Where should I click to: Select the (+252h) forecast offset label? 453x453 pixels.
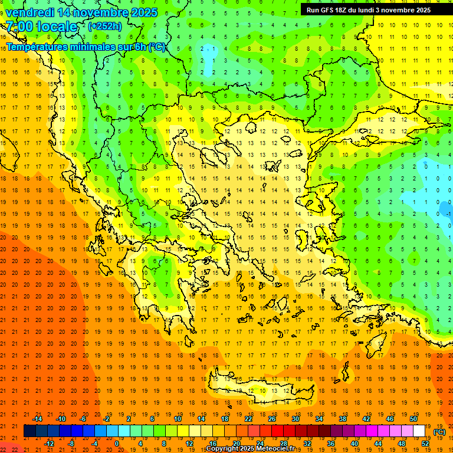105,26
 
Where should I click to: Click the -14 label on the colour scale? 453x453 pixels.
37,419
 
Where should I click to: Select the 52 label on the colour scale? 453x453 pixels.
425,443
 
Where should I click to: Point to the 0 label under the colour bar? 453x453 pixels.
117,443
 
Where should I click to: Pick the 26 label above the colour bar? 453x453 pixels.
272,419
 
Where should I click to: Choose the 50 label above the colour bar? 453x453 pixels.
413,419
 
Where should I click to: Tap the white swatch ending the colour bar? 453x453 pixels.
419,431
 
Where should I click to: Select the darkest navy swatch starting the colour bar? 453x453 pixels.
29,431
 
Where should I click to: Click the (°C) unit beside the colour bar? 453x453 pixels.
439,432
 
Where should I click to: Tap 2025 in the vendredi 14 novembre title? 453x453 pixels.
144,12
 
